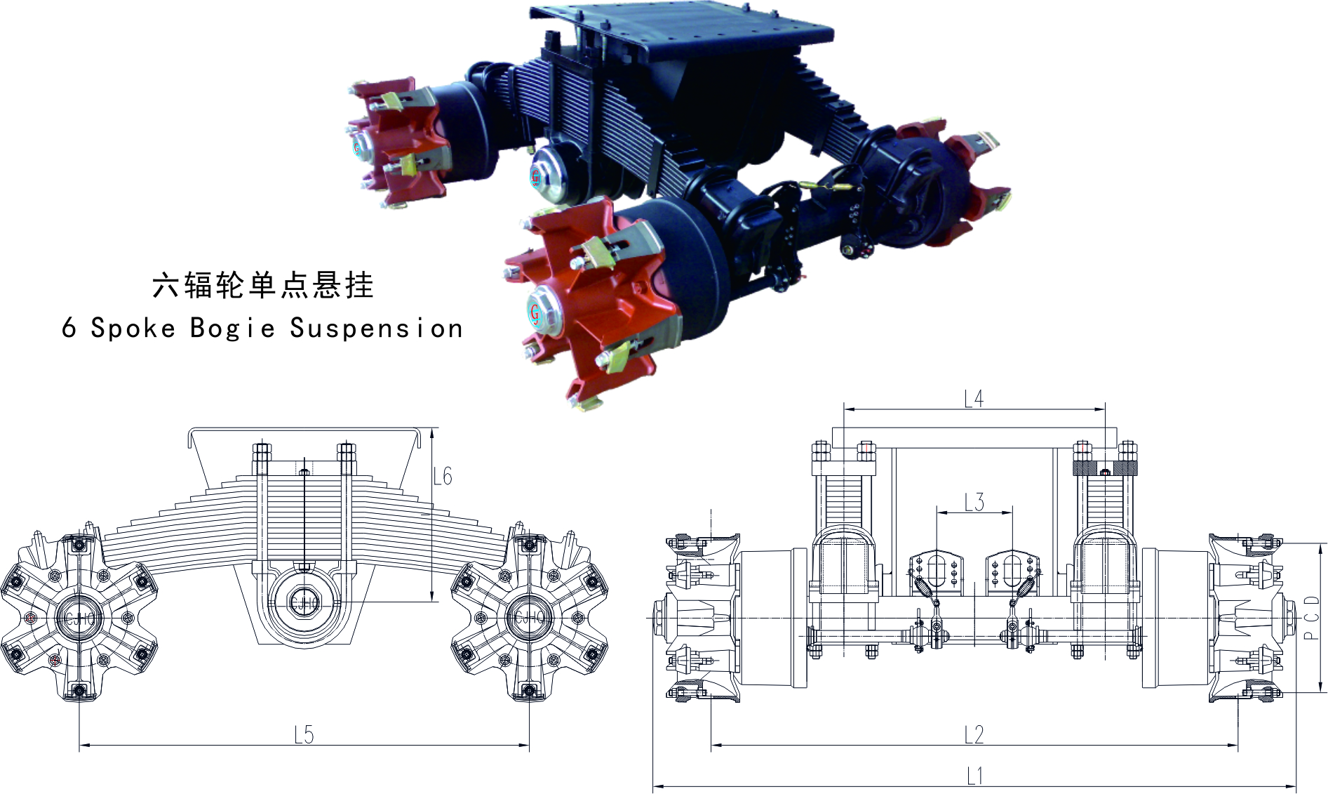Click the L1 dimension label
pyautogui.click(x=974, y=776)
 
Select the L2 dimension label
pyautogui.click(x=974, y=734)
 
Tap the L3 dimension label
pyautogui.click(x=974, y=502)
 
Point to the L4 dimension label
pyautogui.click(x=974, y=399)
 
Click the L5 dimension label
pyautogui.click(x=304, y=735)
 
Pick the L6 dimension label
pyautogui.click(x=443, y=477)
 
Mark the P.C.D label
pyautogui.click(x=1311, y=618)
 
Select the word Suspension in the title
pyautogui.click(x=377, y=329)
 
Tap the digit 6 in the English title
pyautogui.click(x=69, y=327)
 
